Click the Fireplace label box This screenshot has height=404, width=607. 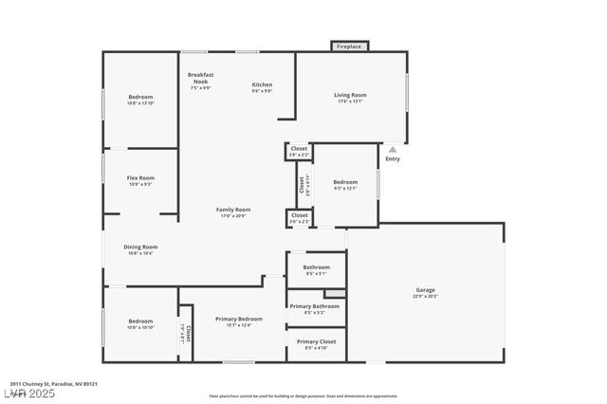coord(348,46)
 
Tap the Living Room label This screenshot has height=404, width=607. coord(349,95)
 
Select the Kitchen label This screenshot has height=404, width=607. coord(262,84)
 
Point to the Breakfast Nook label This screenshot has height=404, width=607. coord(200,78)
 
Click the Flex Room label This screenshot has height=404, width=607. coord(140,177)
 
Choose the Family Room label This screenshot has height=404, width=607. coord(232,209)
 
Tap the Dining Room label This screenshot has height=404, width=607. coord(140,247)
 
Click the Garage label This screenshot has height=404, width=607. coord(426,290)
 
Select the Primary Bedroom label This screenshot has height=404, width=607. coord(238,319)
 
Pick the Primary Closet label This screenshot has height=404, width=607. coord(316,341)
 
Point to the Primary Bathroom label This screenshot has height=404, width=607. coord(315,306)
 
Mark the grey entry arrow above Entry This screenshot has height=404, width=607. coord(393,150)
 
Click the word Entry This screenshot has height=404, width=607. coord(393,158)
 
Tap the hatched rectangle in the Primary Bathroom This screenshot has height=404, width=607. coord(333,293)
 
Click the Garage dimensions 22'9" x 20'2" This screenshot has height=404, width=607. coord(426,296)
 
